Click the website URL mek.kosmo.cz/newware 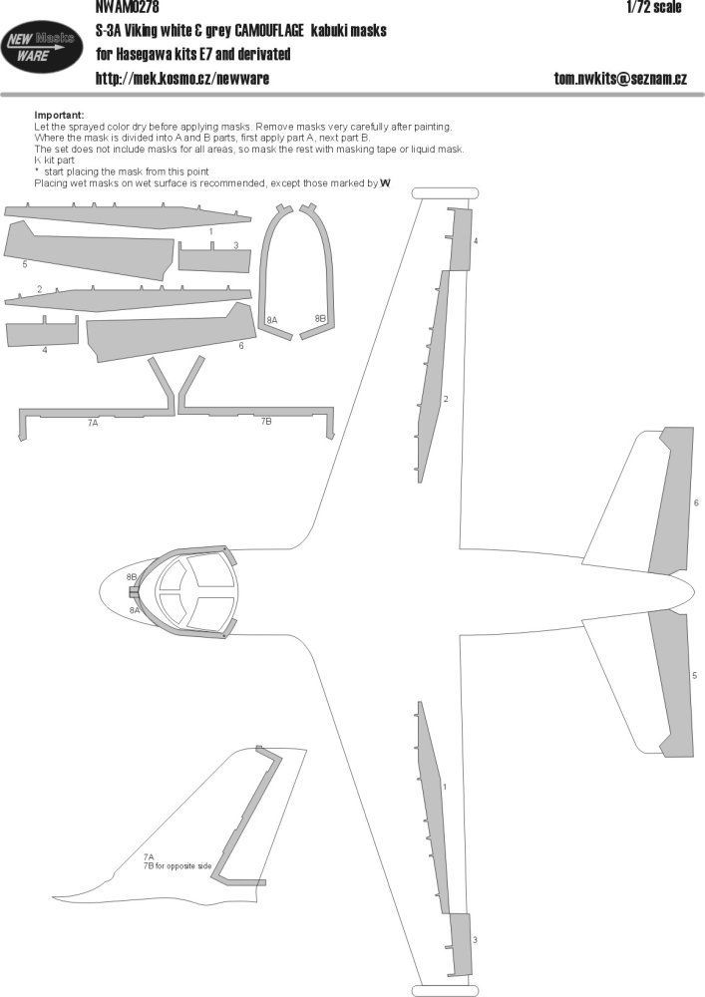coord(181,78)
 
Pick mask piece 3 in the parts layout coord(213,259)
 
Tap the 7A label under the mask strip coord(93,423)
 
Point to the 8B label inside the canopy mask coord(320,318)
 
